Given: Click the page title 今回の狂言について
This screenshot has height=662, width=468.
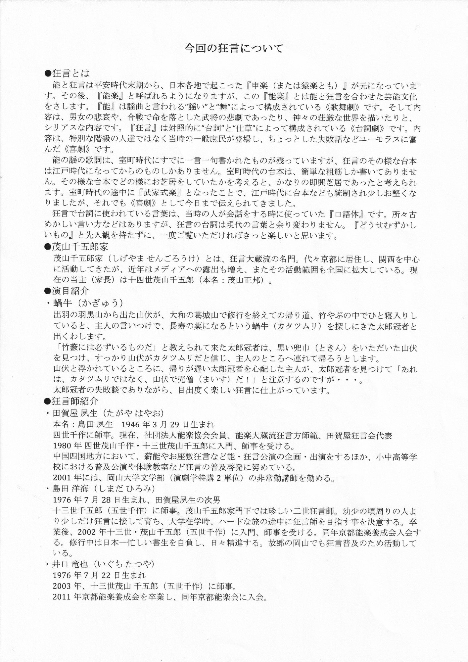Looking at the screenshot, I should [234, 48].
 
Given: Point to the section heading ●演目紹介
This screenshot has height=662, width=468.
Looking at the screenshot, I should [67, 291].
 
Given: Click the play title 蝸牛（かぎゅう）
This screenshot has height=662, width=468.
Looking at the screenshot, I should [88, 303].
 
